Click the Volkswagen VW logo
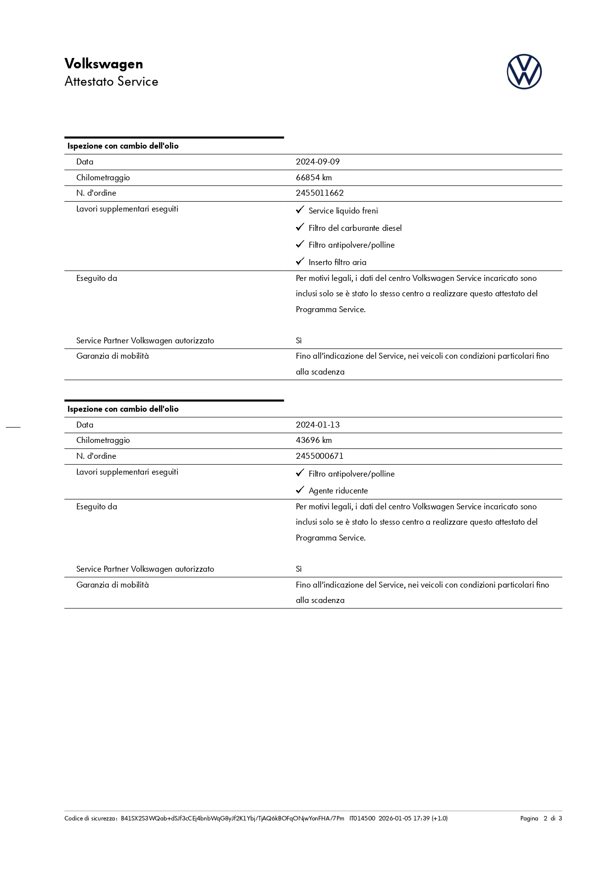pyautogui.click(x=524, y=72)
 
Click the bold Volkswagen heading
pyautogui.click(x=104, y=64)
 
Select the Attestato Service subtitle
pyautogui.click(x=111, y=82)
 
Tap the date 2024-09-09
pyautogui.click(x=318, y=162)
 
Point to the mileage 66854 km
pyautogui.click(x=314, y=177)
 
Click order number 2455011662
pyautogui.click(x=320, y=193)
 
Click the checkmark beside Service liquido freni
pyautogui.click(x=300, y=210)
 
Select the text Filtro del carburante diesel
pyautogui.click(x=355, y=228)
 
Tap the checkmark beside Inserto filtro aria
pyautogui.click(x=300, y=262)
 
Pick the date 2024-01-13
pyautogui.click(x=318, y=425)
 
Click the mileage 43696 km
pyautogui.click(x=314, y=440)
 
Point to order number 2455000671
pyautogui.click(x=320, y=456)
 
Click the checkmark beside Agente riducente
pyautogui.click(x=300, y=490)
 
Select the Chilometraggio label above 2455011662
pyautogui.click(x=103, y=177)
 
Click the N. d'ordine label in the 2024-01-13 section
pyautogui.click(x=96, y=456)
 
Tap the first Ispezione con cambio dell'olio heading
pyautogui.click(x=123, y=146)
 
